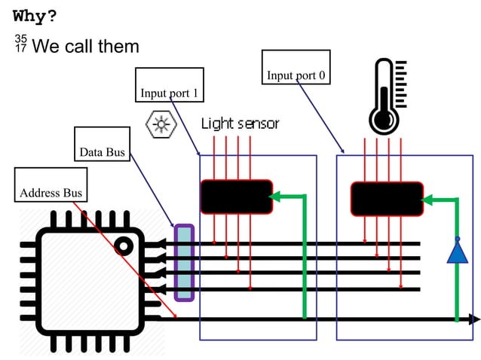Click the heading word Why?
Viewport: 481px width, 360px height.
pyautogui.click(x=35, y=16)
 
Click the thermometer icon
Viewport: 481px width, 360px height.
pyautogui.click(x=387, y=98)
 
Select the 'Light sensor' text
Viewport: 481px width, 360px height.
pyautogui.click(x=240, y=124)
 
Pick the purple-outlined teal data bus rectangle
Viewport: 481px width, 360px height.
pyautogui.click(x=184, y=263)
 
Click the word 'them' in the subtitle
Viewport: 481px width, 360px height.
pyautogui.click(x=120, y=46)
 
